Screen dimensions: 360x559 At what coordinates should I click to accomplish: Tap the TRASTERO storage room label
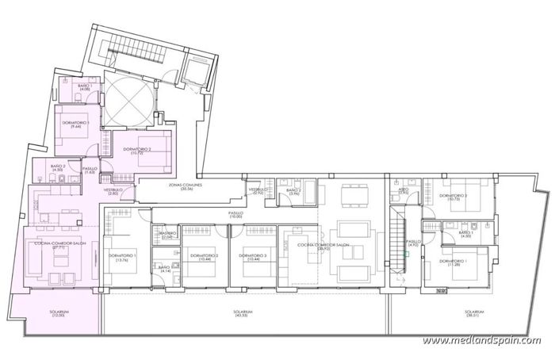167,236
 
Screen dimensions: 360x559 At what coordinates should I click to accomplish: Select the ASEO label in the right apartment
403,191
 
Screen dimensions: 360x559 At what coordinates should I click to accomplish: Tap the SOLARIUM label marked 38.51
474,314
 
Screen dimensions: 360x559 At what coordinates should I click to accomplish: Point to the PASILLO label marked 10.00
235,215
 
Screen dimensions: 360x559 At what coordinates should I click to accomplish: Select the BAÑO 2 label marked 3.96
293,192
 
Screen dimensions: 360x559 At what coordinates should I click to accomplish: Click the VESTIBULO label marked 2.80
112,191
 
